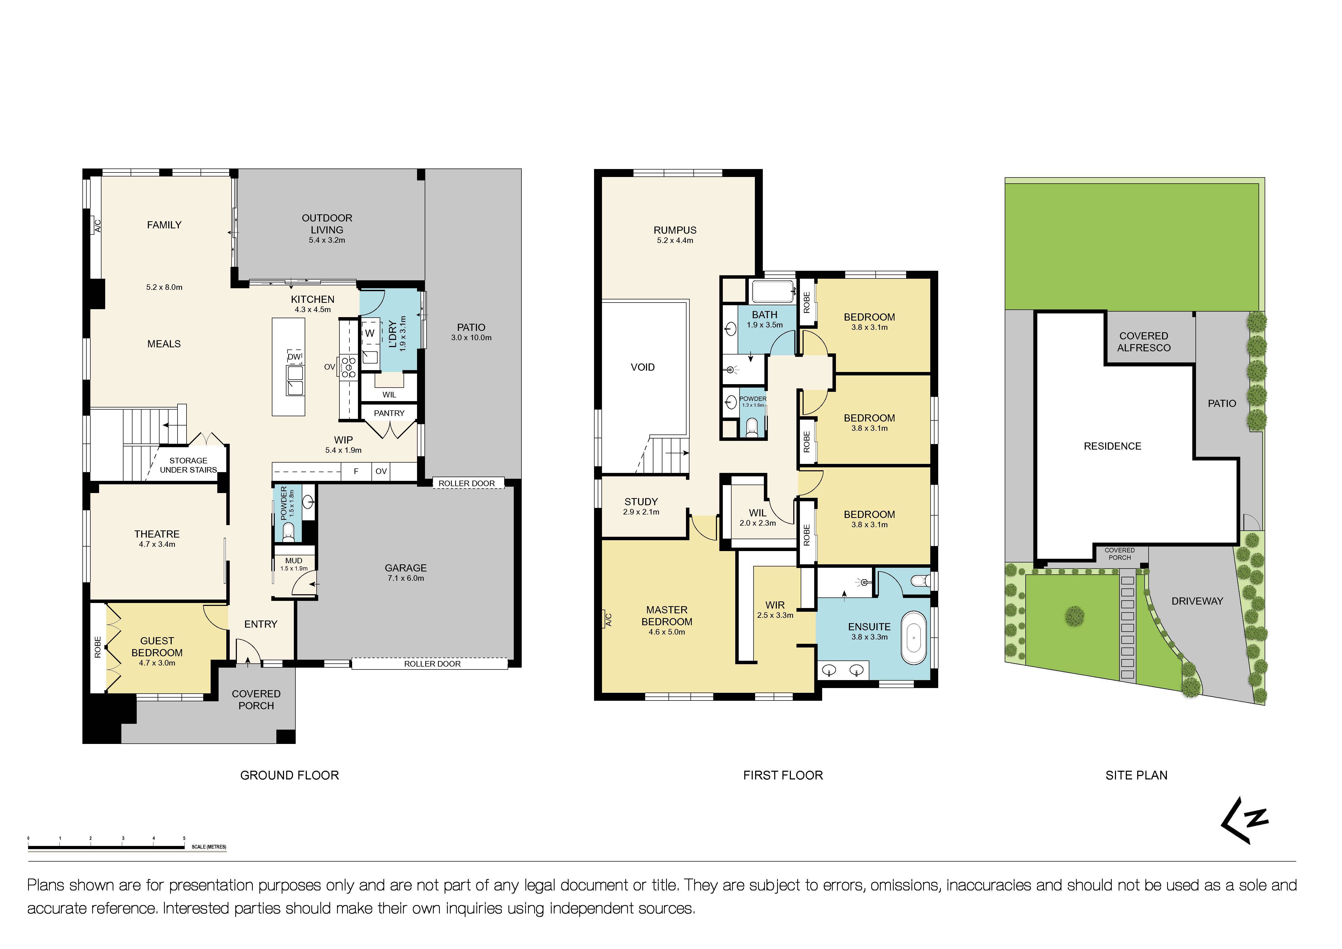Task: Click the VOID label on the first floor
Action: tap(642, 367)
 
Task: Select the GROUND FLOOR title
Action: tap(289, 775)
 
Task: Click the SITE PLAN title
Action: tap(1136, 775)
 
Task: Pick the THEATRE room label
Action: tap(157, 534)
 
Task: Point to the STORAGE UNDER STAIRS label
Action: tap(188, 465)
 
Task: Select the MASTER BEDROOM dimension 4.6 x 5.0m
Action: tap(666, 632)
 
